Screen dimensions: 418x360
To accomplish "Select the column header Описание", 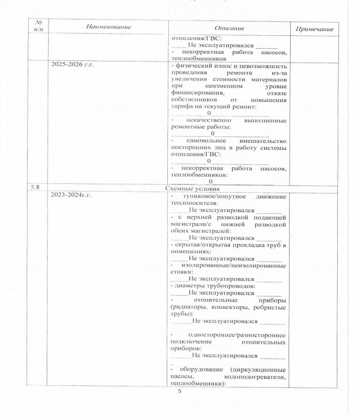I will pos(229,28).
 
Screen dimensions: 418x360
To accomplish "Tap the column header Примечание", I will pos(313,28).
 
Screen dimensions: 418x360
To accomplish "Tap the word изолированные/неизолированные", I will pos(238,265).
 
